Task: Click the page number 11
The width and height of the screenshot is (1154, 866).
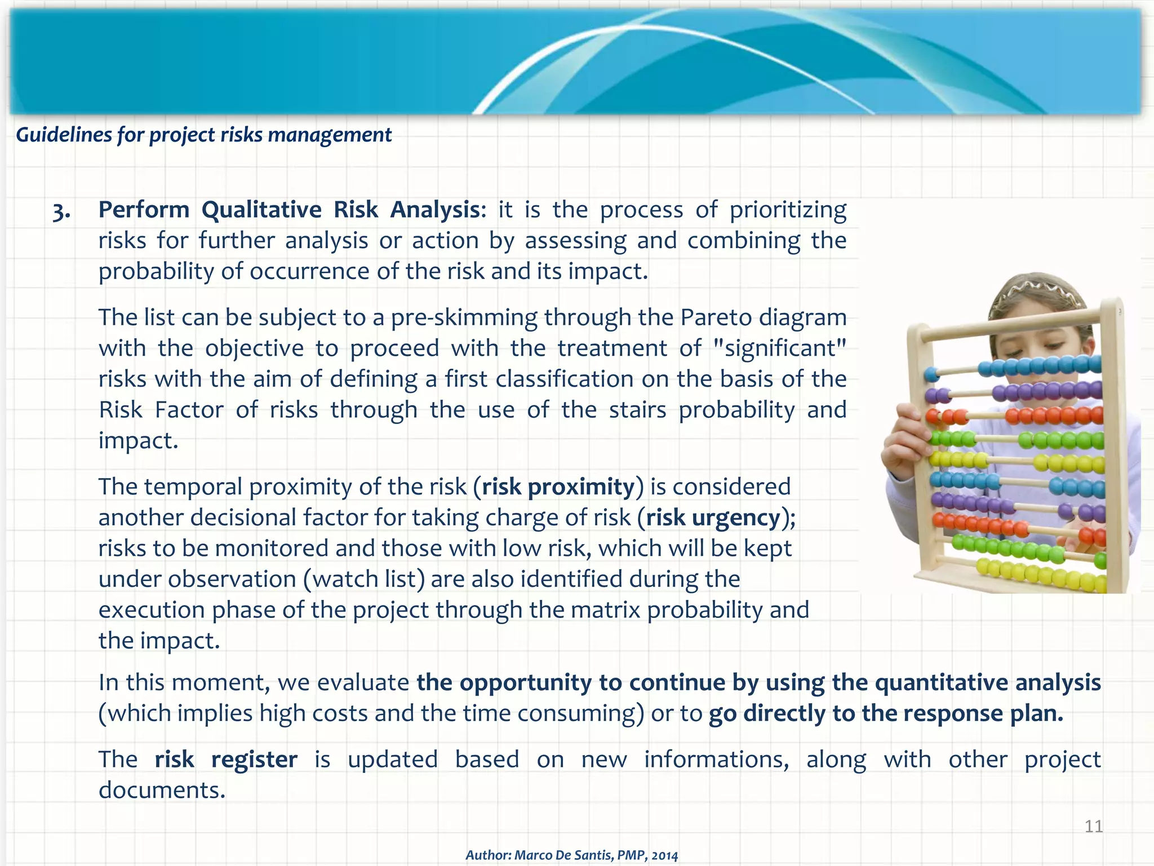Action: tap(1094, 826)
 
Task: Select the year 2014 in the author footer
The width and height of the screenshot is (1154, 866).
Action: tap(664, 855)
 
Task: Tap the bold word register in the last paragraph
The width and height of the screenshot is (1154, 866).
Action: tap(254, 759)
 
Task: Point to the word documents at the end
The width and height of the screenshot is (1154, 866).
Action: tap(162, 790)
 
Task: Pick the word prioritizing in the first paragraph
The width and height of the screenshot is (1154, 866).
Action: tap(788, 210)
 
